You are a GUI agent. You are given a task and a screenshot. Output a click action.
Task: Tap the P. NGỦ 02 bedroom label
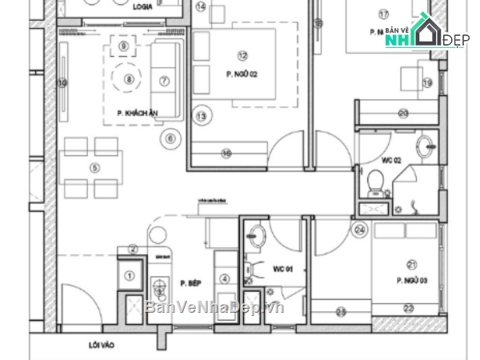[241, 74]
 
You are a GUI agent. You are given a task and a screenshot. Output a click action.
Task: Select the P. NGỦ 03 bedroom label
[411, 280]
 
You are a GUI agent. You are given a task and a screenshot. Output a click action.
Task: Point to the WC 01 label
[284, 270]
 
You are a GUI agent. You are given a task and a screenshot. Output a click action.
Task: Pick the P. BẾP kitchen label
[190, 283]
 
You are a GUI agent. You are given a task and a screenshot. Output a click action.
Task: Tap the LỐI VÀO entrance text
[99, 346]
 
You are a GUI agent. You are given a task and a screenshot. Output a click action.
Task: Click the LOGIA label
[144, 6]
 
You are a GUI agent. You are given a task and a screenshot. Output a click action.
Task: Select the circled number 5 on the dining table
[94, 167]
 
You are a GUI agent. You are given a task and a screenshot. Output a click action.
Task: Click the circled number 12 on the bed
[242, 55]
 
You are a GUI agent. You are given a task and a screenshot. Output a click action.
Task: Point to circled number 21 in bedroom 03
[412, 265]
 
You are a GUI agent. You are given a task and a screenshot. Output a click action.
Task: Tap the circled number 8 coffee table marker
[129, 78]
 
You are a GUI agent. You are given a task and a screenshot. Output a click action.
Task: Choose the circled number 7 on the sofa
[165, 80]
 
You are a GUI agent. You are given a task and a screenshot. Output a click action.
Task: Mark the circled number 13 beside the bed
[202, 117]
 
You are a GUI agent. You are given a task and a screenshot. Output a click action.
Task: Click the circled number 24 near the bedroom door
[360, 230]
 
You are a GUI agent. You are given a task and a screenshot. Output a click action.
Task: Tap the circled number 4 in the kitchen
[225, 278]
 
